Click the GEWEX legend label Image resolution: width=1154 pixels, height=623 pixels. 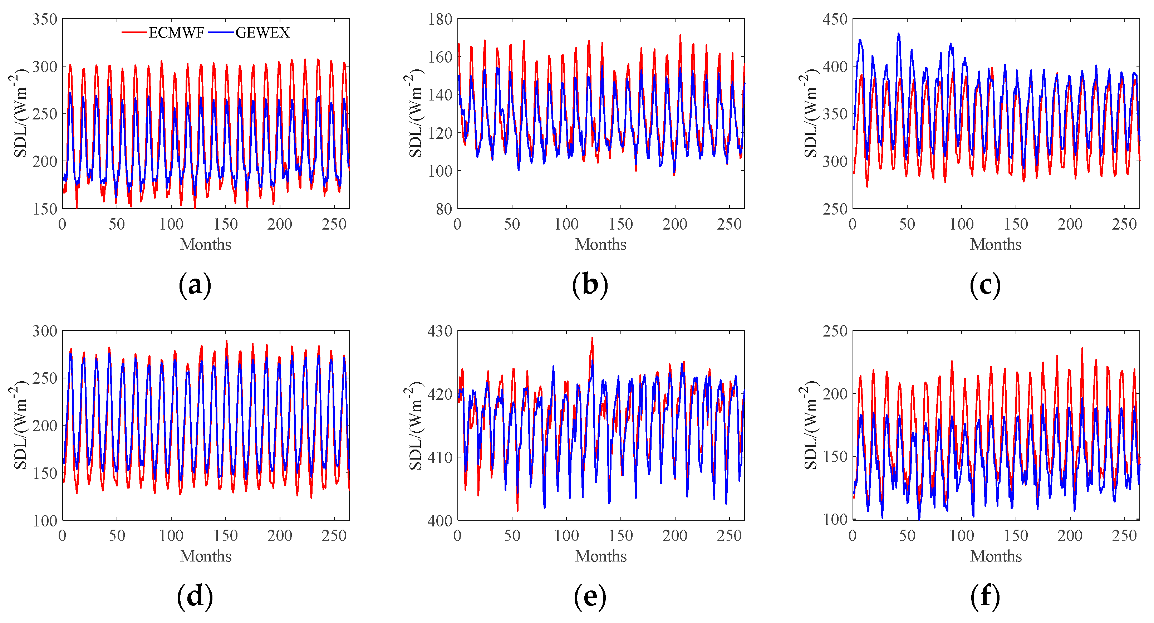pyautogui.click(x=262, y=33)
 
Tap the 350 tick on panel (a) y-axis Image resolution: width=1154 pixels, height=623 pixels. pyautogui.click(x=45, y=19)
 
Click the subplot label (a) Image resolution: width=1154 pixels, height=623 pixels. pyautogui.click(x=195, y=285)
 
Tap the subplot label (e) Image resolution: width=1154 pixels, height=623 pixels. pyautogui.click(x=590, y=597)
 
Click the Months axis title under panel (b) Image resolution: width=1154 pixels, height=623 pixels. pyautogui.click(x=600, y=244)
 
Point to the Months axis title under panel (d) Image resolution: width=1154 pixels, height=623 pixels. pyautogui.click(x=206, y=556)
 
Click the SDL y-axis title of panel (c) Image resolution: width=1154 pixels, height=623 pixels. pyautogui.click(x=810, y=113)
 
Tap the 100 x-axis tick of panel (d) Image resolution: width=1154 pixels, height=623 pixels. pyautogui.click(x=171, y=536)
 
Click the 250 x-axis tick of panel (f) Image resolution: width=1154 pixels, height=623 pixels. pyautogui.click(x=1124, y=536)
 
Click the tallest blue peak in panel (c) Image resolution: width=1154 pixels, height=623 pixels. pyautogui.click(x=898, y=34)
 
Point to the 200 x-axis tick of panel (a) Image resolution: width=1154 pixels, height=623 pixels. pyautogui.click(x=280, y=224)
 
